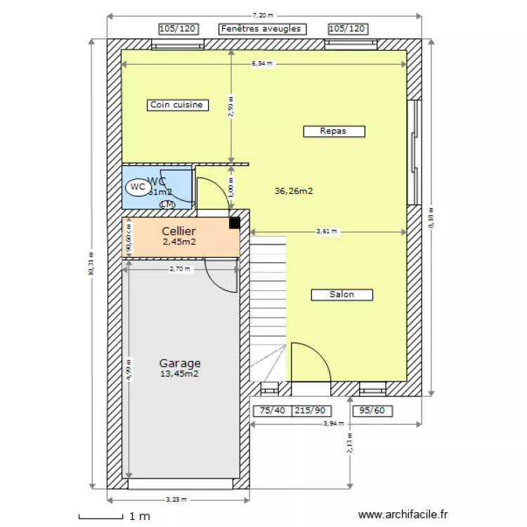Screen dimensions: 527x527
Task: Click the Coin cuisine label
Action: (x=176, y=105)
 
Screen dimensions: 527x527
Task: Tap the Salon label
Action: (x=341, y=294)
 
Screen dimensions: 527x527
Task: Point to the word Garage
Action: (x=179, y=363)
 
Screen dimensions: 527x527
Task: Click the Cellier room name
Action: (x=178, y=231)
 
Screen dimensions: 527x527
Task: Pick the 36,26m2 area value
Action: (x=293, y=190)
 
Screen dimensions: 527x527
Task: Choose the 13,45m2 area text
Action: (x=179, y=375)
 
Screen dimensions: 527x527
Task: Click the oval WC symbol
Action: (x=138, y=187)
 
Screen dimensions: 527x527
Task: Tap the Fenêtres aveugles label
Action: (x=261, y=29)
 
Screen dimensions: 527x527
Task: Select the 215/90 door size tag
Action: (x=310, y=411)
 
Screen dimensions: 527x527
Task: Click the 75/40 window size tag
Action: (x=272, y=411)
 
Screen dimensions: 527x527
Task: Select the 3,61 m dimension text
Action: (x=327, y=231)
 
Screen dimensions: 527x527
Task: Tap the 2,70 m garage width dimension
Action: (x=180, y=268)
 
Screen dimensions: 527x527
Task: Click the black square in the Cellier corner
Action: (x=234, y=223)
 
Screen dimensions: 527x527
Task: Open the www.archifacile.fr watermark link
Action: (x=403, y=515)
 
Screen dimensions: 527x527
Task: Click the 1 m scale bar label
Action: (x=140, y=516)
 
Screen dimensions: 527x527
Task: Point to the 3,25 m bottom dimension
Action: (x=176, y=500)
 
